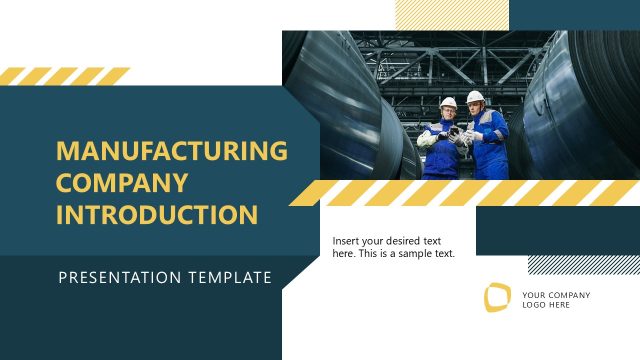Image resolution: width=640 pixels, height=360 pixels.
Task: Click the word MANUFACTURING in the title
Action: (171, 151)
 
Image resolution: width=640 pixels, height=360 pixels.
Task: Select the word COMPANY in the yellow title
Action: (121, 183)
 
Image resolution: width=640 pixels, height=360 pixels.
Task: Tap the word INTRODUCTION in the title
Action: (157, 215)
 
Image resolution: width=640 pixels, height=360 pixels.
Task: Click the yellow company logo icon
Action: (497, 297)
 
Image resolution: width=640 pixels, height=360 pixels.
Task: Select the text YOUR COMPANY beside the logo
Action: (556, 295)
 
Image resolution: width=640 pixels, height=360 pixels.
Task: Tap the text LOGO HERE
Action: (546, 306)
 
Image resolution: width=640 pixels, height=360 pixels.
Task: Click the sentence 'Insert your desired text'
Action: (387, 240)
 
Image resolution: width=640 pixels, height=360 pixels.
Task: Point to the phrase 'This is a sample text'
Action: (410, 254)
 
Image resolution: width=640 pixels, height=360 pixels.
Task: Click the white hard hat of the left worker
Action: (448, 102)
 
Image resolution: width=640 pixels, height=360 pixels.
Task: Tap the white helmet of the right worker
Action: (476, 97)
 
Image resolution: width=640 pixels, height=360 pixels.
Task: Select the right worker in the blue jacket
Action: (487, 140)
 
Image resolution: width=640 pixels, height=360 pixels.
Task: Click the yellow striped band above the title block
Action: (65, 76)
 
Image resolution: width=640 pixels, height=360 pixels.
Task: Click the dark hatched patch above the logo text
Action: (583, 264)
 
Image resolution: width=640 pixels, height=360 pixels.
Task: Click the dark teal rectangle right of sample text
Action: (557, 231)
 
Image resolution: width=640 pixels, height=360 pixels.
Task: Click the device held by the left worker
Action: (456, 131)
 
